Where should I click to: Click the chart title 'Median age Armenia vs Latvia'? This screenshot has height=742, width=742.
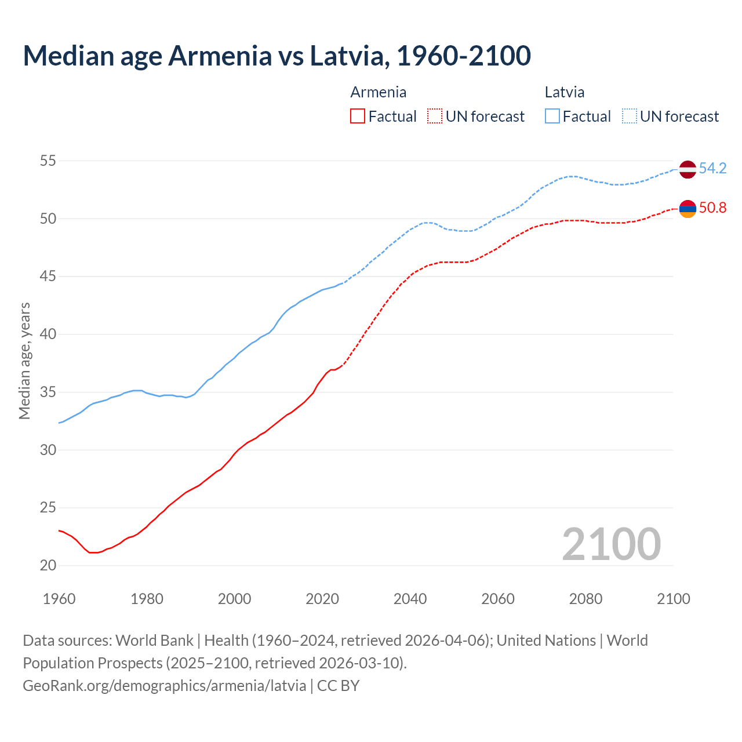(277, 56)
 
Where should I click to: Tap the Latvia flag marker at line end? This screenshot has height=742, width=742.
(688, 169)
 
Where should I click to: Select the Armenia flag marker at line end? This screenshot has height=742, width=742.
(688, 208)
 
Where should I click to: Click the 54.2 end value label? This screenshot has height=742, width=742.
(712, 169)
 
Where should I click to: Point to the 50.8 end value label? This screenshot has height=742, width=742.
(712, 208)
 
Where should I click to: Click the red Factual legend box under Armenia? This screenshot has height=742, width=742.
(358, 117)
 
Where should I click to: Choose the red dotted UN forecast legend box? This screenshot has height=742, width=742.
(435, 117)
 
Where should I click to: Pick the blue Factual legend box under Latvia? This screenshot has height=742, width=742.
(552, 117)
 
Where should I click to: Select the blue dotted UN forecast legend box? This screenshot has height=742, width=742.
(630, 117)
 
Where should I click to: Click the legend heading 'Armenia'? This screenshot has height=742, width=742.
(378, 92)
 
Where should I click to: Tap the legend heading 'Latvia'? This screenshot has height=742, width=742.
(564, 92)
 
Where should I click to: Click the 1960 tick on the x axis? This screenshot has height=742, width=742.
(59, 599)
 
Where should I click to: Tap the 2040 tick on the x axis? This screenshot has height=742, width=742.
(410, 599)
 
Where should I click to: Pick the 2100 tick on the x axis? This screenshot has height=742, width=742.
(673, 599)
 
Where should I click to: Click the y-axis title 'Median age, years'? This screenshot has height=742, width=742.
(24, 361)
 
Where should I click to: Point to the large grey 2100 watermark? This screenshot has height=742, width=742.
(611, 544)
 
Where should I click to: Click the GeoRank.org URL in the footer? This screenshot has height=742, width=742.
(164, 686)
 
